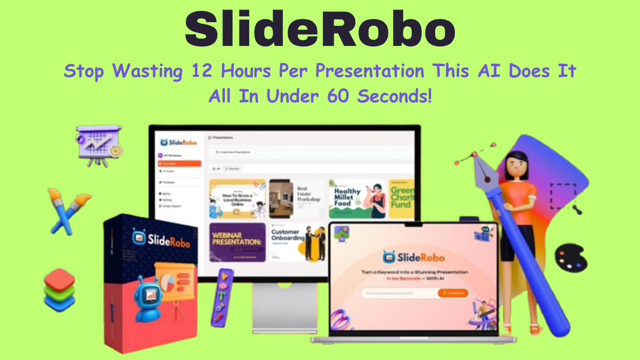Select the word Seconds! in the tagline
click(394, 97)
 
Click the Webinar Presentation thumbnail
click(237, 242)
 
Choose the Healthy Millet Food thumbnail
click(357, 199)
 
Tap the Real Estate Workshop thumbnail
click(298, 199)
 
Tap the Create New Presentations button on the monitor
click(233, 152)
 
